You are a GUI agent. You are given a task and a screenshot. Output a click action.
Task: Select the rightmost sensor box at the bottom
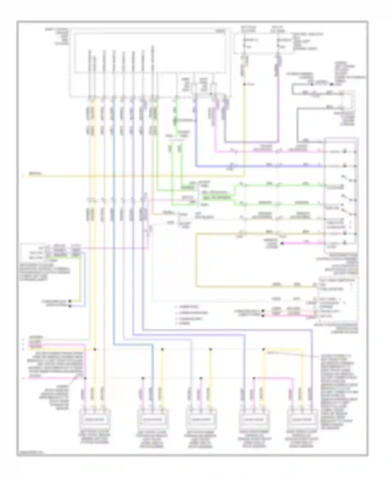coord(303,419)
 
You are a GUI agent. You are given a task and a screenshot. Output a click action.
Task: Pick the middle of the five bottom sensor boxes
coord(201,419)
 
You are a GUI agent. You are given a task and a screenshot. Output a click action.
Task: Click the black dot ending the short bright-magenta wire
coord(282,243)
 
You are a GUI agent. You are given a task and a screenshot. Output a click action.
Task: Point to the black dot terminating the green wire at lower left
coord(70,301)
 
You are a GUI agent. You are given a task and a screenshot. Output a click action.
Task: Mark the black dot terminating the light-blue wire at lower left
coord(70,306)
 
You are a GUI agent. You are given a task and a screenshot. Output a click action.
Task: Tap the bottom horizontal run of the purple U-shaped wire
coord(251,142)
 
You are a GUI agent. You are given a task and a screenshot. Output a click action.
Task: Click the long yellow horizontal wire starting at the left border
coord(131,176)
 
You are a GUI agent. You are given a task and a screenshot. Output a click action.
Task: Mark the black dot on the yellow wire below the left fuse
coord(244,84)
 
